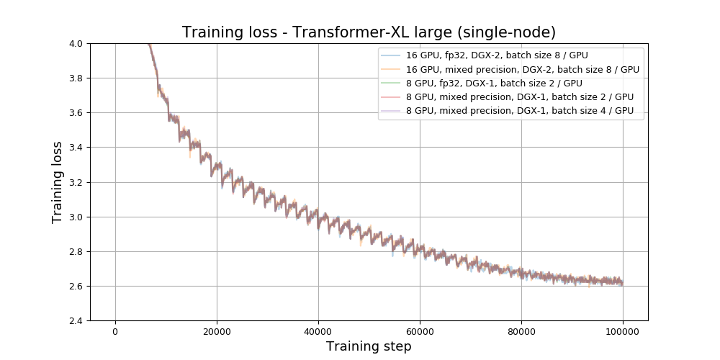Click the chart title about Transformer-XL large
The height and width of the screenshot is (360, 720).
pos(369,32)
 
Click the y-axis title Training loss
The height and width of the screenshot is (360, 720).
pos(58,182)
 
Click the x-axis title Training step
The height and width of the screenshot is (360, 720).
pos(369,346)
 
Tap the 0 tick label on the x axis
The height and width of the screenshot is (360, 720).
pos(115,331)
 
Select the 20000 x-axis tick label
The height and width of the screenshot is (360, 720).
pos(217,331)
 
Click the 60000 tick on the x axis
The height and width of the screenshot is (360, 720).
pos(420,331)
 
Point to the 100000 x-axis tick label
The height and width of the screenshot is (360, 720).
pos(623,331)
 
